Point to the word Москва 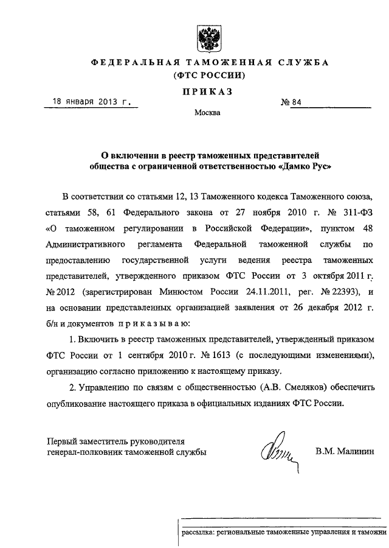click(208, 113)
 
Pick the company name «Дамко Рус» click(305, 165)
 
